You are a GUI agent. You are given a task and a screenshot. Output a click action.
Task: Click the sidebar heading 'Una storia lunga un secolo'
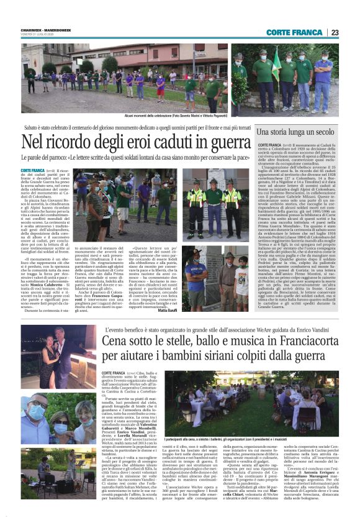pyautogui.click(x=307, y=132)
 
